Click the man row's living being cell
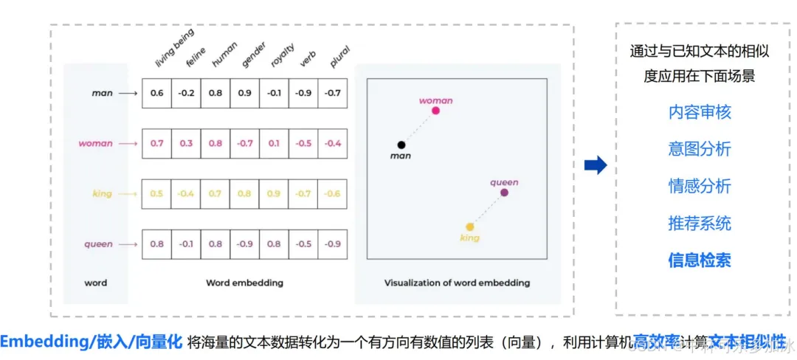point(156,94)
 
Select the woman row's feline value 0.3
point(186,143)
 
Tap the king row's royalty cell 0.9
point(274,193)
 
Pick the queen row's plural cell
point(333,244)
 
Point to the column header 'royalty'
point(282,55)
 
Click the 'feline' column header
point(196,58)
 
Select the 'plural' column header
point(339,56)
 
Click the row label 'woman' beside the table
point(96,143)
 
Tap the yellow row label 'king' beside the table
point(102,193)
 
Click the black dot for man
point(401,145)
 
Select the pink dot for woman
point(435,111)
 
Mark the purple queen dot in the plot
point(504,193)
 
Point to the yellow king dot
point(469,227)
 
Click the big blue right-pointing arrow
point(595,165)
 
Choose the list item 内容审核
point(700,112)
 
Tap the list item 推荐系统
point(700,223)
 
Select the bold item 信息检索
point(700,260)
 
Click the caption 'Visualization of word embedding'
point(457,283)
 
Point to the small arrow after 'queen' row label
point(128,244)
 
